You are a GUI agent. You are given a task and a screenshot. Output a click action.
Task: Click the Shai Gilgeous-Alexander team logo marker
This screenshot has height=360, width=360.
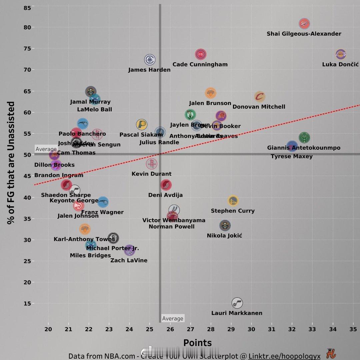304,24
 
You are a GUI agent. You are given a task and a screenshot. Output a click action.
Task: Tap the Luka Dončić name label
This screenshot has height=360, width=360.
340,64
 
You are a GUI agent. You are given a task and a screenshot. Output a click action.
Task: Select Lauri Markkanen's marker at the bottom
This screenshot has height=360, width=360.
237,303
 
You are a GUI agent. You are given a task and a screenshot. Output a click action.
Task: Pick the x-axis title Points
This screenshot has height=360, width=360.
197,343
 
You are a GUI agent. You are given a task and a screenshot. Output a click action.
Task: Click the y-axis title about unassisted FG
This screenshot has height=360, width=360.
11,163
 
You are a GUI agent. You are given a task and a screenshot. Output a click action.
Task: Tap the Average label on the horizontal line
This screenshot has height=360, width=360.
46,149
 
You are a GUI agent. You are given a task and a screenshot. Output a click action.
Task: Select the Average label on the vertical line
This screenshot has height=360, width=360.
173,319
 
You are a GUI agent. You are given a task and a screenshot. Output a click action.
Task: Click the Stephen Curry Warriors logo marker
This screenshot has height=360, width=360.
233,200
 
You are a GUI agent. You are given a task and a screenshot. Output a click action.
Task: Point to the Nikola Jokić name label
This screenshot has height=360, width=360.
224,236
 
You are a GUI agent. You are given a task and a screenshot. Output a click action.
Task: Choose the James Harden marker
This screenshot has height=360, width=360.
150,60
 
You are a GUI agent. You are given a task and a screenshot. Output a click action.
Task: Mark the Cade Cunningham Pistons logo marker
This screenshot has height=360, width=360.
201,54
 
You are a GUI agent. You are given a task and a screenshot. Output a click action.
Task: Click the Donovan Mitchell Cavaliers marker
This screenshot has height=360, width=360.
260,97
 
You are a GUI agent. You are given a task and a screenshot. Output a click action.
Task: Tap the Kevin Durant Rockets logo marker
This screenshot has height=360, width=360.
152,163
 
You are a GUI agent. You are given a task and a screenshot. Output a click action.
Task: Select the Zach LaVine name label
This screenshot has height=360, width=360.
129,260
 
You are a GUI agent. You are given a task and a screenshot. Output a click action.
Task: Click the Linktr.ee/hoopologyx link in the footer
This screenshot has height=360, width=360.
284,356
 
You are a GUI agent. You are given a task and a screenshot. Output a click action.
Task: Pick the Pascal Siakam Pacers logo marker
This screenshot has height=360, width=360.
141,125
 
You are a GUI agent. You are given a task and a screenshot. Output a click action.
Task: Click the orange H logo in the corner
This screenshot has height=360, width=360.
331,353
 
